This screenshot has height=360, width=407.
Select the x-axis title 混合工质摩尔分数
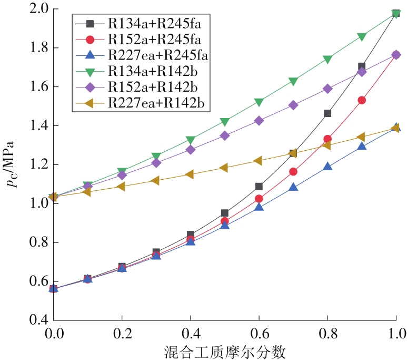click(224, 351)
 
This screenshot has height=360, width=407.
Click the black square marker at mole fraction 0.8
click(327, 113)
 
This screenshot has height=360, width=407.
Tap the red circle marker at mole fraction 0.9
click(362, 100)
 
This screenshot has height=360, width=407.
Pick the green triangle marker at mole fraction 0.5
click(225, 122)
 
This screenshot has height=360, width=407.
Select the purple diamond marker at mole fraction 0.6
click(259, 121)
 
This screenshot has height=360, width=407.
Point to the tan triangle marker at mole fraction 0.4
click(190, 174)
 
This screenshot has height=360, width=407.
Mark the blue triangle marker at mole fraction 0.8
click(327, 167)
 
